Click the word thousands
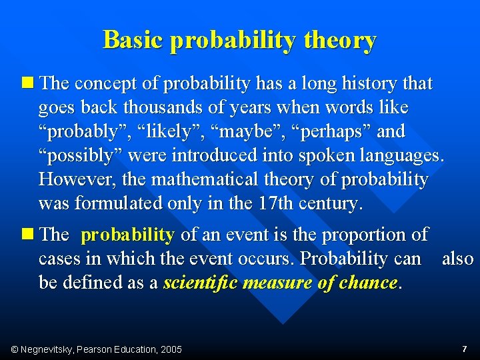162,108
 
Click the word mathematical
208,180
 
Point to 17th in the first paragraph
275,204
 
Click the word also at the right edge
457,259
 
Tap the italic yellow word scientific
201,283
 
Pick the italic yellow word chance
368,283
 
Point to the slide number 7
464,349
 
